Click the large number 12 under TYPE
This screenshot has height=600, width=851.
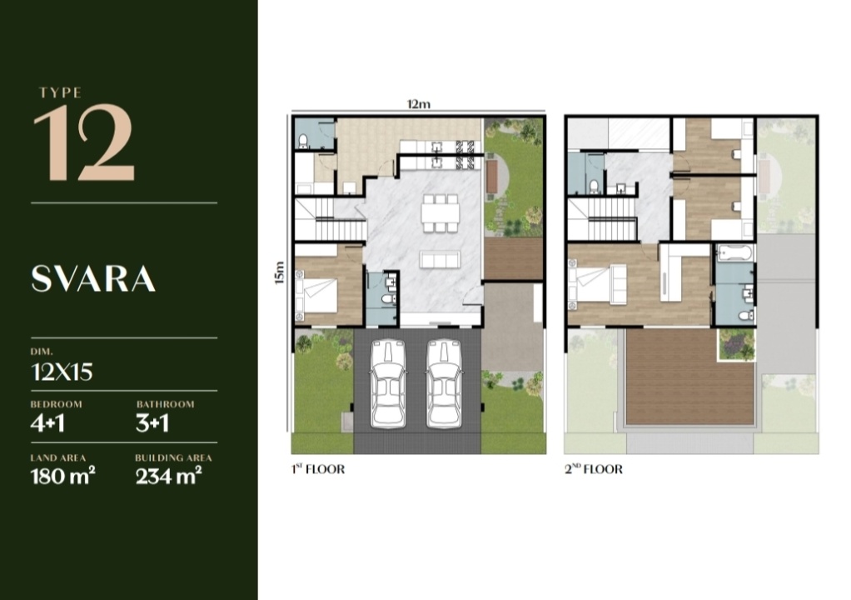83,142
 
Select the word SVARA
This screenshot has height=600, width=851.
93,279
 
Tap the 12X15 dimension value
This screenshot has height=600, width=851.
62,372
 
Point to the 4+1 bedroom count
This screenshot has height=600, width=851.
47,423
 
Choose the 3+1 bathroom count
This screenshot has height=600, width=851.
152,423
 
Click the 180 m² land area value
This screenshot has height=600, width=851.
63,476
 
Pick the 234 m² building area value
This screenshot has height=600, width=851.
168,476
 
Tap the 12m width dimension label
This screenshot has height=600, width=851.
419,103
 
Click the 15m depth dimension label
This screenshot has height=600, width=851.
280,272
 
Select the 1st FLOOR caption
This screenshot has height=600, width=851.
318,469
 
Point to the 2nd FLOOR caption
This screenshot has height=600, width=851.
593,469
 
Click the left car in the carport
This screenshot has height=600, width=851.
388,382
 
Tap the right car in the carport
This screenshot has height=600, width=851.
444,382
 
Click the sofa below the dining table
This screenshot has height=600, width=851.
440,259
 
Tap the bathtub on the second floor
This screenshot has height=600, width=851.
735,252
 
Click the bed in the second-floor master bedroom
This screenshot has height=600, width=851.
597,282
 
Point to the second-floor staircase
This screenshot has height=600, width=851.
602,217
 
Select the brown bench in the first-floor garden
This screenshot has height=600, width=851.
492,177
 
